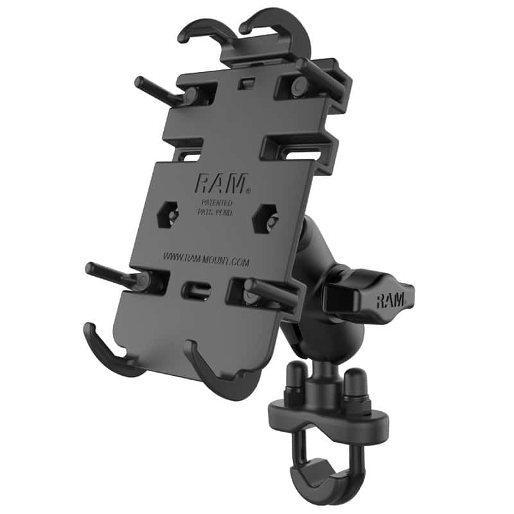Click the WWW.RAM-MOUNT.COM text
coord(206,258)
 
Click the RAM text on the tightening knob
coord(390,299)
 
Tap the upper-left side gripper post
coord(157,91)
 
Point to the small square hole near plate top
coord(244,84)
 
